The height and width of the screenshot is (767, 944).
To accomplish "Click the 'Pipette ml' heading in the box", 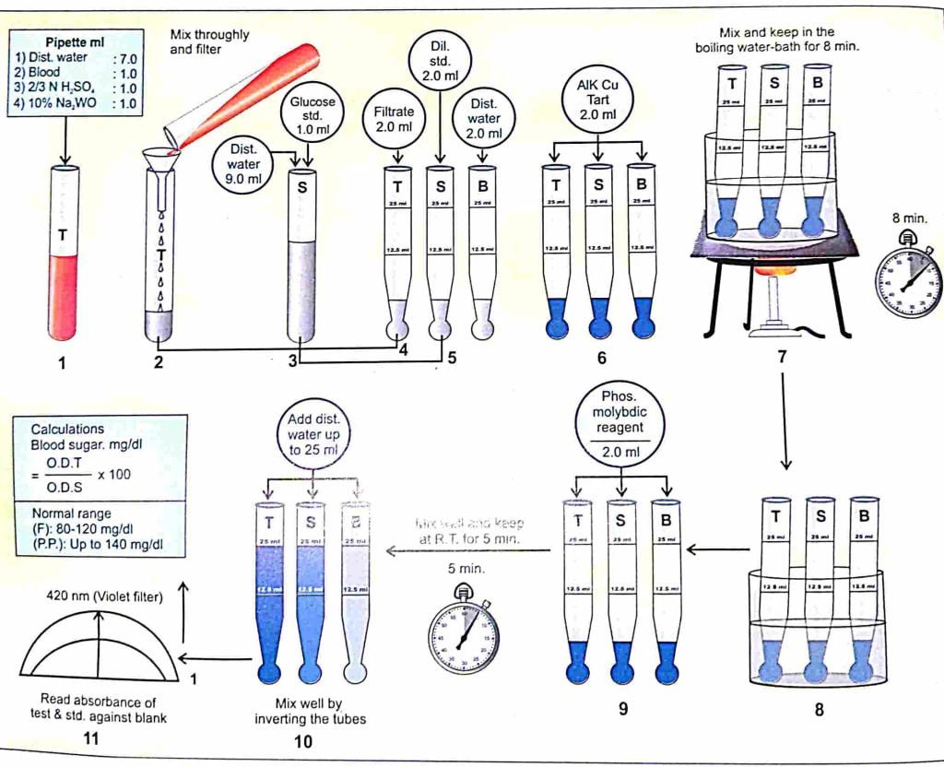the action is tap(76, 41).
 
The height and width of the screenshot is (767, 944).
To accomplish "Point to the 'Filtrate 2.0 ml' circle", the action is tap(394, 118).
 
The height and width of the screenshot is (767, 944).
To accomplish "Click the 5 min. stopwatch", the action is tap(464, 635).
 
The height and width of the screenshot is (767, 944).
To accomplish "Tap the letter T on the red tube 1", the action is tap(63, 235).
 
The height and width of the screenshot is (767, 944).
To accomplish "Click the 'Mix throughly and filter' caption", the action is tap(208, 41).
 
